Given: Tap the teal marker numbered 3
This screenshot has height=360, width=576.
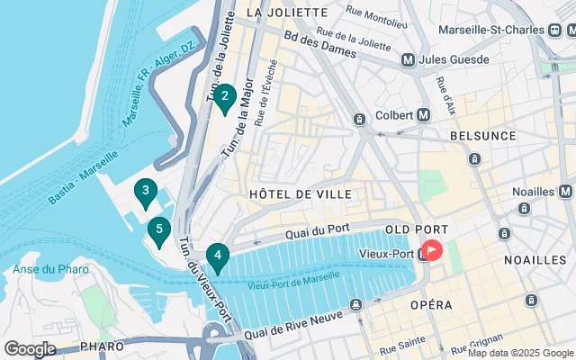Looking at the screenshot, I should [145, 192].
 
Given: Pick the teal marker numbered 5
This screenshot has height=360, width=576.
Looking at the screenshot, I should [159, 231].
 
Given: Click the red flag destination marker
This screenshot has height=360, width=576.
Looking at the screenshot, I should [432, 250].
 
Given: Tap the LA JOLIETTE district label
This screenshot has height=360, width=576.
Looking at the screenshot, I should [286, 13].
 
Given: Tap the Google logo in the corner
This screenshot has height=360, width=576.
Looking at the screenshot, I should [30, 348].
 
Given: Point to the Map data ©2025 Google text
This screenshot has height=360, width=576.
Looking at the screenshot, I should [520, 353].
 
